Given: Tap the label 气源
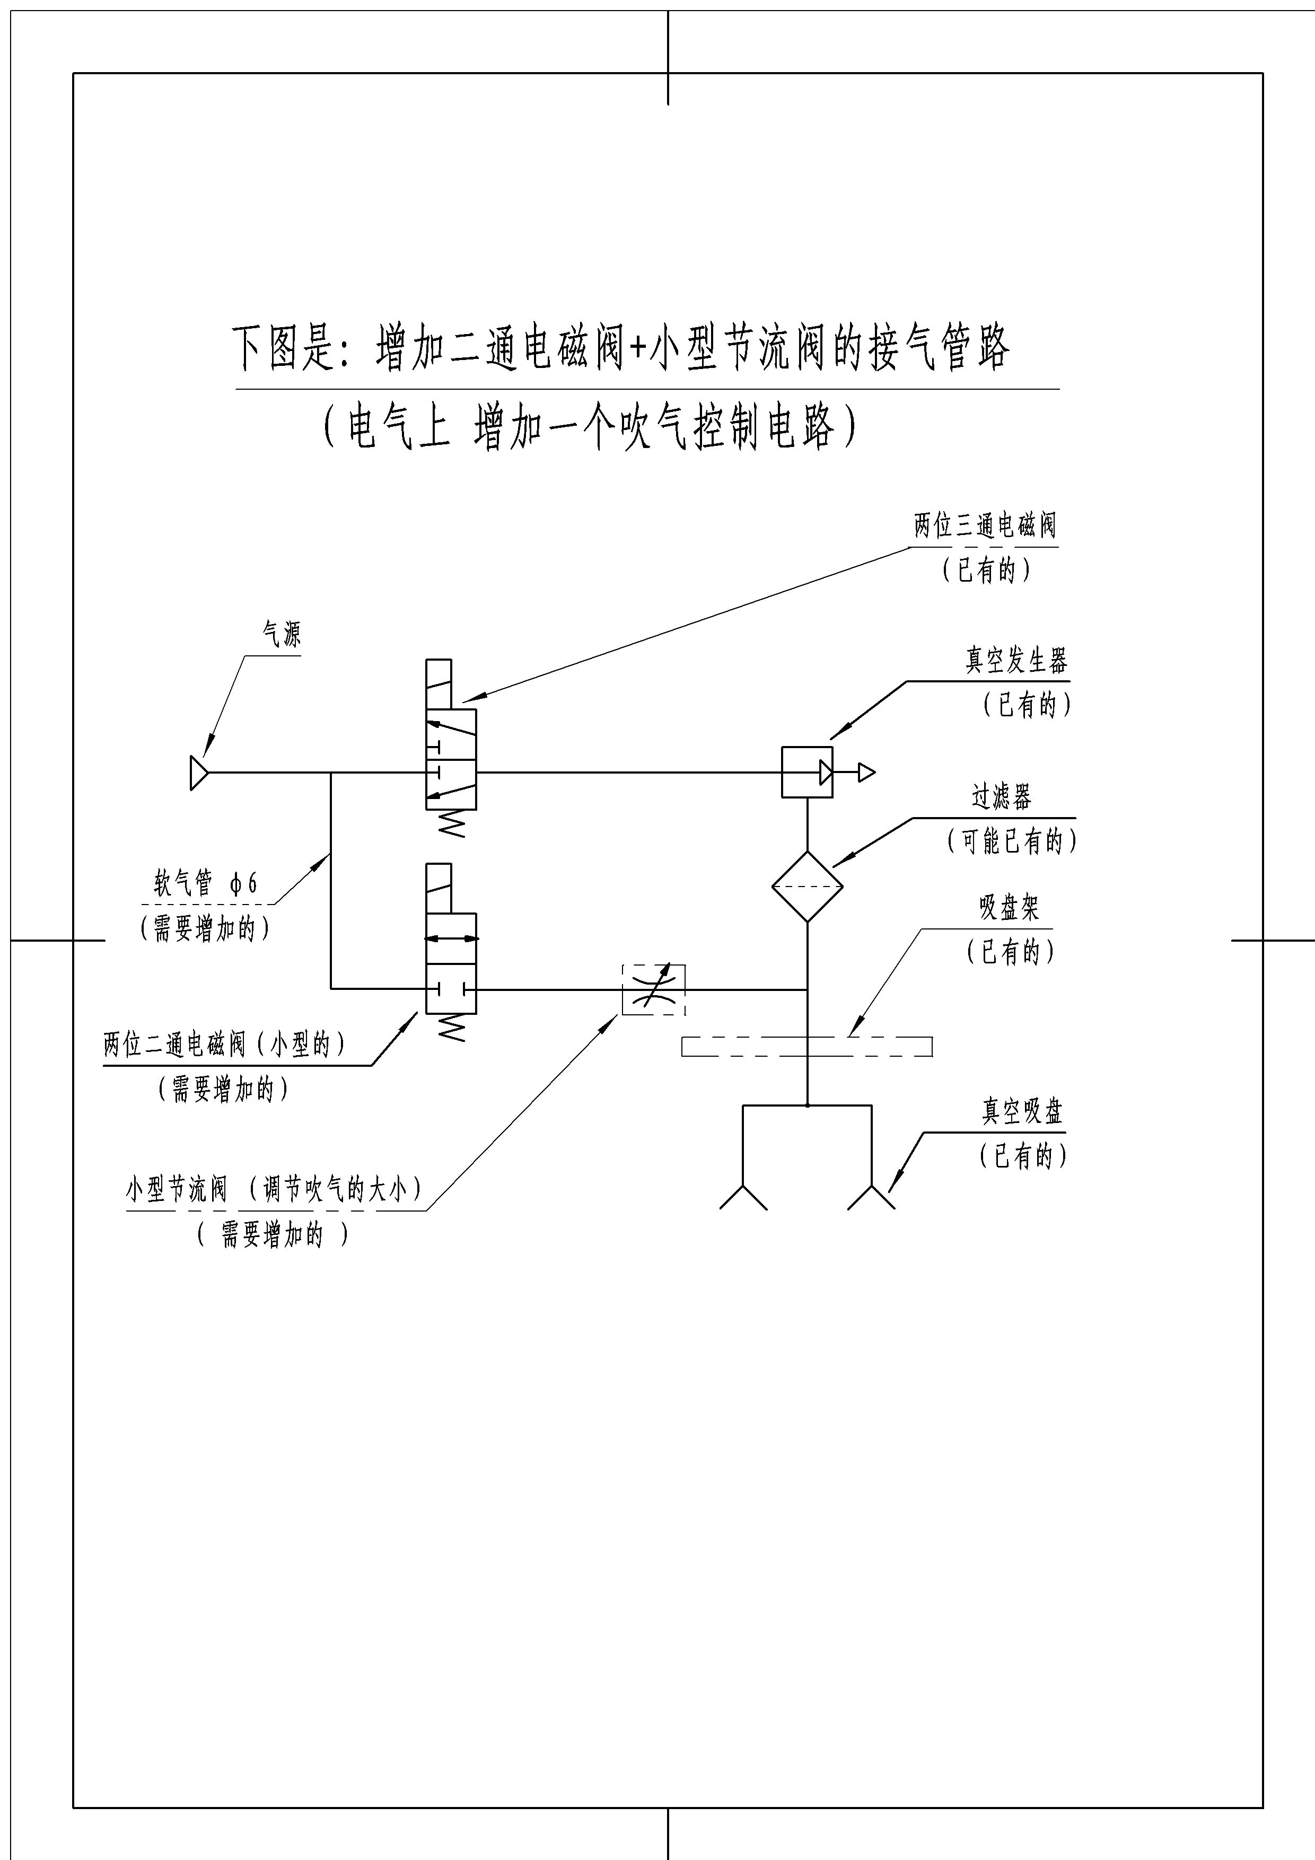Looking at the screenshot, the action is [281, 634].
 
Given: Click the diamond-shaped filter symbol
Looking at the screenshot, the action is [807, 886].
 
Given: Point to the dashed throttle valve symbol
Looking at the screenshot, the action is [653, 989].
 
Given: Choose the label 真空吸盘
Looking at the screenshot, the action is [1022, 1111].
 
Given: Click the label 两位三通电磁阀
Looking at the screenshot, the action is [985, 526].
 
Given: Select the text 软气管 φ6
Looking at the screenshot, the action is [206, 882].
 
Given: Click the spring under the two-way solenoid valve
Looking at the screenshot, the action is [451, 1028].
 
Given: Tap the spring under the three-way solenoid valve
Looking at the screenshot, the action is [451, 823].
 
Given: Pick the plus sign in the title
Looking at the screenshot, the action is [638, 348].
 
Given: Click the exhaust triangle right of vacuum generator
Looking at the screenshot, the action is [866, 772].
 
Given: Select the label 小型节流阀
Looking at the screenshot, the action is [177, 1189].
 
